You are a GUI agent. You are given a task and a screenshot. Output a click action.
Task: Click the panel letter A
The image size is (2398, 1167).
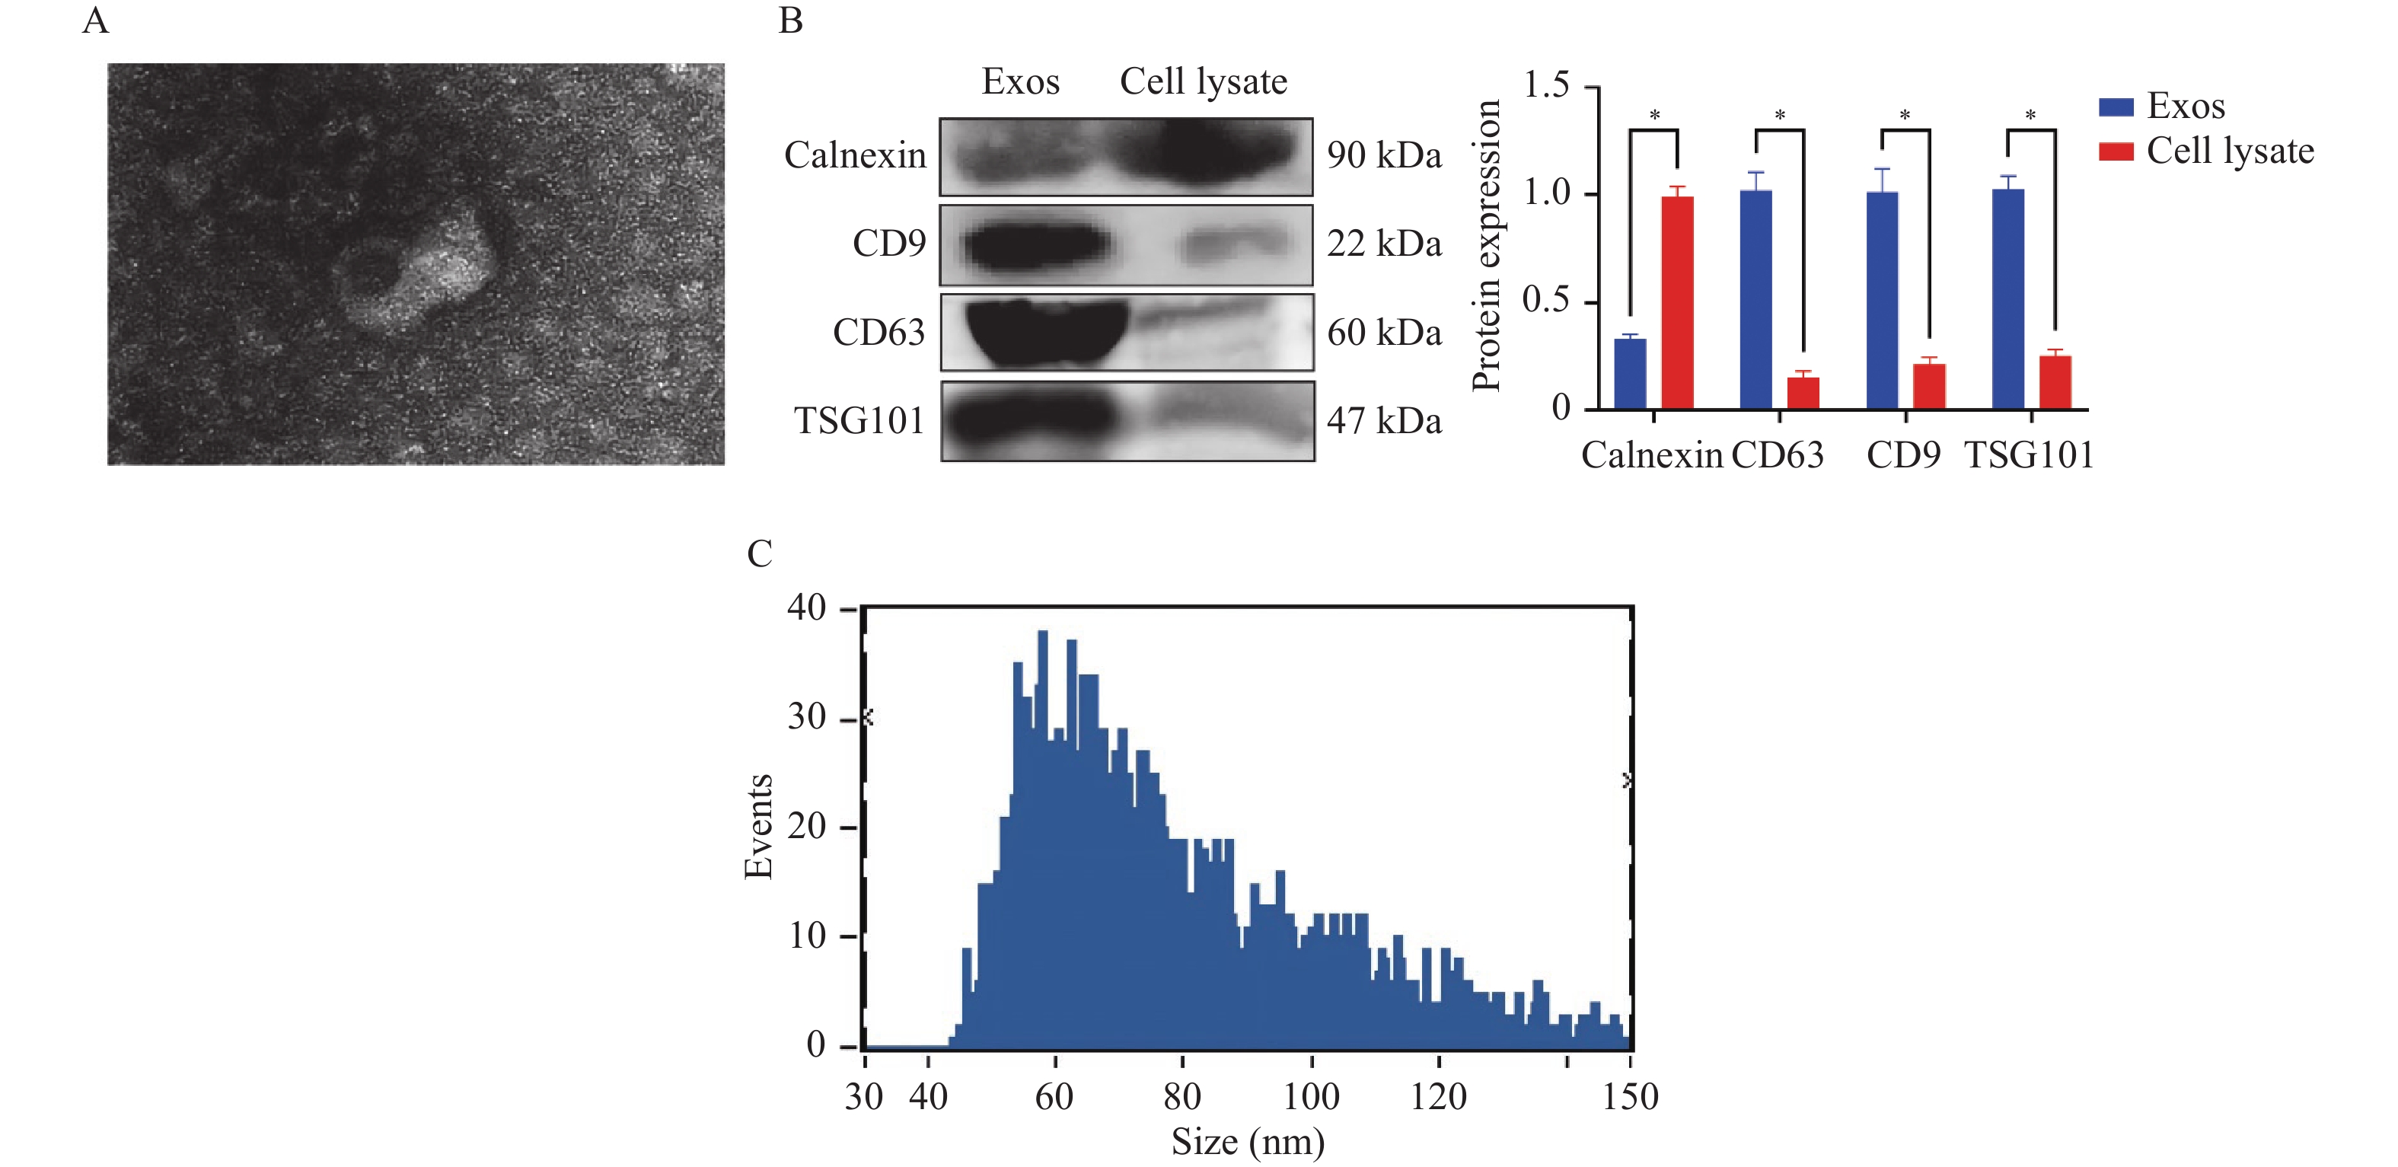96,21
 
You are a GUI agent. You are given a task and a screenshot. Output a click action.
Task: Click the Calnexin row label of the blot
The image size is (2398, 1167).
855,155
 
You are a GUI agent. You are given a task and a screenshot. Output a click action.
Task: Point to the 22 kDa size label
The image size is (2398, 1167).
1383,244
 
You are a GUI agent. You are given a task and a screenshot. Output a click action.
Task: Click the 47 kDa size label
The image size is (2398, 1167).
1383,421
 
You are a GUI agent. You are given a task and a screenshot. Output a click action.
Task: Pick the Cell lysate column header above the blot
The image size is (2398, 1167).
1203,82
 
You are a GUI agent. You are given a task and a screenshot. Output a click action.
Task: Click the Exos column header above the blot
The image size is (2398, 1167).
1020,82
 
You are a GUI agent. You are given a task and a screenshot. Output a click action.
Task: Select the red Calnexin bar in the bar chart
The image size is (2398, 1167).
1678,302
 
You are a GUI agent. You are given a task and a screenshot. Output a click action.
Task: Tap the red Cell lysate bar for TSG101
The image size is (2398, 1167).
2055,382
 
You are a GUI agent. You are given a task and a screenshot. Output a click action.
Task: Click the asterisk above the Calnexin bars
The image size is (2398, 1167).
1654,116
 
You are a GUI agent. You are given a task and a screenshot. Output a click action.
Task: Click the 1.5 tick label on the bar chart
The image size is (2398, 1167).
1546,85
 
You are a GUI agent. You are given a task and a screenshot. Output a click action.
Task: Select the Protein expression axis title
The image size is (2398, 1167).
1487,246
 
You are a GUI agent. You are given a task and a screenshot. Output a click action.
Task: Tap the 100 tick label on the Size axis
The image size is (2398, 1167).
1311,1097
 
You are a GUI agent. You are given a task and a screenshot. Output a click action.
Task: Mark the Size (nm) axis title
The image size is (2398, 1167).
1248,1142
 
